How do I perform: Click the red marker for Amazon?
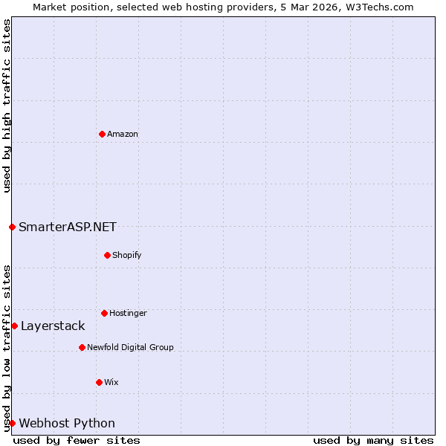point(102,134)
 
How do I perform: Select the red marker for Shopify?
point(107,255)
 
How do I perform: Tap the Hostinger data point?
point(104,313)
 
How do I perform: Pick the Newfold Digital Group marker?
point(82,347)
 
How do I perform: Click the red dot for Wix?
point(99,382)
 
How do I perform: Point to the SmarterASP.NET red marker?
point(12,227)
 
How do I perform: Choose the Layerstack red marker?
point(14,326)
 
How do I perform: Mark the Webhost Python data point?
point(12,423)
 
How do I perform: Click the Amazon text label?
point(123,135)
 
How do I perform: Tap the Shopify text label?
point(127,256)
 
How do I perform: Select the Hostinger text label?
point(128,314)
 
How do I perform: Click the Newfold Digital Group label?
point(130,348)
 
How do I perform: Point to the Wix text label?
point(111,383)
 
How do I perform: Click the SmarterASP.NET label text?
point(68,227)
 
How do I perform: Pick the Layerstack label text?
point(53,326)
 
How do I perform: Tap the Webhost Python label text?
point(67,424)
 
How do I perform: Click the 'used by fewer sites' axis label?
point(77,440)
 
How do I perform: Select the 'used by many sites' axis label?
point(373,440)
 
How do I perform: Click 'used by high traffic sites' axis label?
point(7,106)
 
